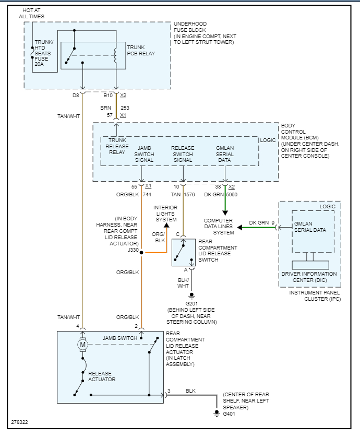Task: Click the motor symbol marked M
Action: (x=82, y=344)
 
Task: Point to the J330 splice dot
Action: (x=142, y=253)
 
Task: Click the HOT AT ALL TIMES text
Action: (x=31, y=13)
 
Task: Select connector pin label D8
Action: (x=76, y=96)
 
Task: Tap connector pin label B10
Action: (x=108, y=96)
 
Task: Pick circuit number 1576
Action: (x=191, y=194)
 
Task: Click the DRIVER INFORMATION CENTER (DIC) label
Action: (x=309, y=277)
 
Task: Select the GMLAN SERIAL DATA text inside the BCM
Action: (x=225, y=154)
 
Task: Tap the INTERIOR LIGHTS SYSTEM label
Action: (x=165, y=214)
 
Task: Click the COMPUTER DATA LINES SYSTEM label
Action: (x=219, y=227)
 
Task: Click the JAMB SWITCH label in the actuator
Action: (x=120, y=338)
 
